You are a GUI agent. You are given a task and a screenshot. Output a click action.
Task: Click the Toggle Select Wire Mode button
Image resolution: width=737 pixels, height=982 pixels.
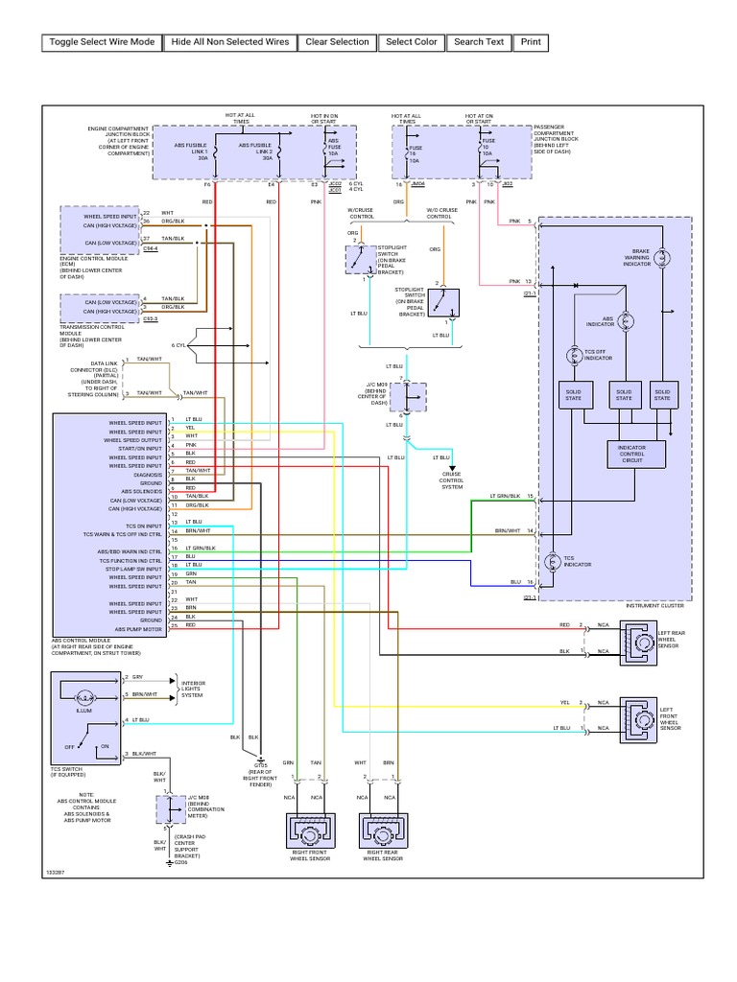pos(102,42)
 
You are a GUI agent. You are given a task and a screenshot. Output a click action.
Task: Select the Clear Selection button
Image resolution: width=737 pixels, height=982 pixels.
pos(337,42)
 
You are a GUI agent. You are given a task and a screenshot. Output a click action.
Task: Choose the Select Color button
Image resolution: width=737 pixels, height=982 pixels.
pos(412,42)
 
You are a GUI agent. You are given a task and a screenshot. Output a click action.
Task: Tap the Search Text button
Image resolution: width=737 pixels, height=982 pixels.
pos(479,42)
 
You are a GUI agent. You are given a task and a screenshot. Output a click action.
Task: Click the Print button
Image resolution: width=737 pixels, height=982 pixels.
pos(531,42)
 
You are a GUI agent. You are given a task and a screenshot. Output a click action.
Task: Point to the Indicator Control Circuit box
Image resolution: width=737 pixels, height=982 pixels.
pos(631,454)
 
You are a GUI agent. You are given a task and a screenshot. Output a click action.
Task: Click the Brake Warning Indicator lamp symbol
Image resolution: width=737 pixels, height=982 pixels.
pos(671,259)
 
